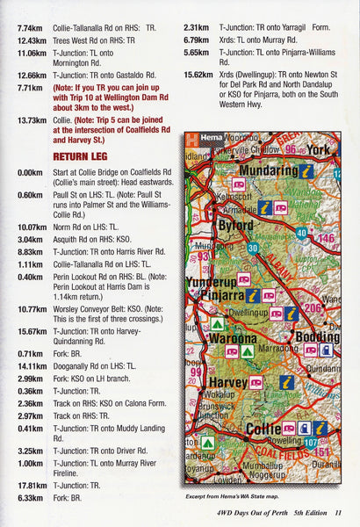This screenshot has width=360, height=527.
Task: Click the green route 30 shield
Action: [254, 248]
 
